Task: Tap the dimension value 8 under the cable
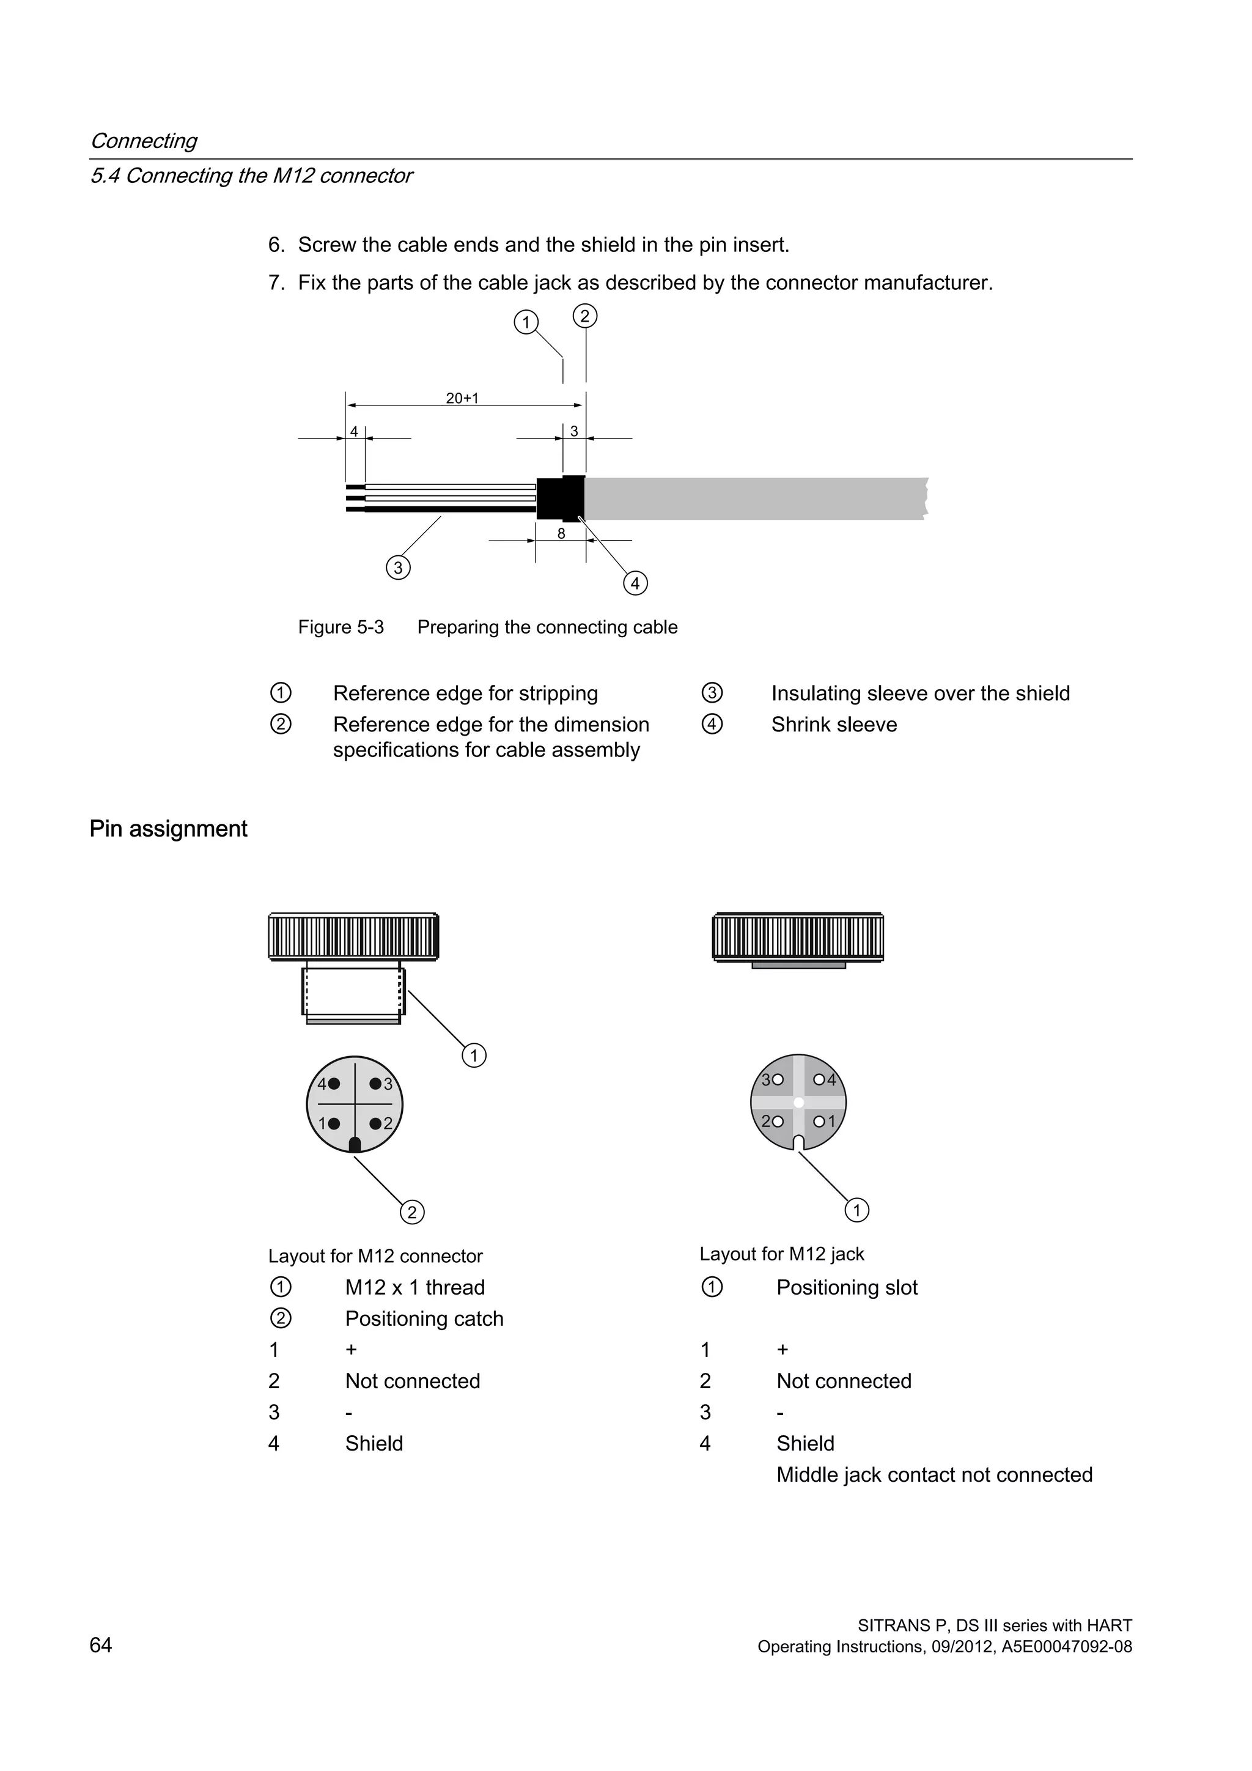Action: (561, 534)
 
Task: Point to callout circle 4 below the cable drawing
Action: (635, 583)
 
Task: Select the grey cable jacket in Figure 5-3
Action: (756, 498)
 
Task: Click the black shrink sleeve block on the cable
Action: (560, 498)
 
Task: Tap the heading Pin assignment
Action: (168, 829)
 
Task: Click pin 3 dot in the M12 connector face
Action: (375, 1084)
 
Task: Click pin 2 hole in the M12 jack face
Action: (777, 1122)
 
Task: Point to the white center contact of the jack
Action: (798, 1102)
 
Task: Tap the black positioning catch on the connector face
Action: (355, 1145)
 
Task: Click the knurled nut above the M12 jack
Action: (798, 937)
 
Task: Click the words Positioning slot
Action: (847, 1287)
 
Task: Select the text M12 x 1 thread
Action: (414, 1287)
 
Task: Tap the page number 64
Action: (101, 1645)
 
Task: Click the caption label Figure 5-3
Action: (341, 627)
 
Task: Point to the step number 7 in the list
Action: (275, 283)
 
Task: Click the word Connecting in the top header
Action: (144, 141)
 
